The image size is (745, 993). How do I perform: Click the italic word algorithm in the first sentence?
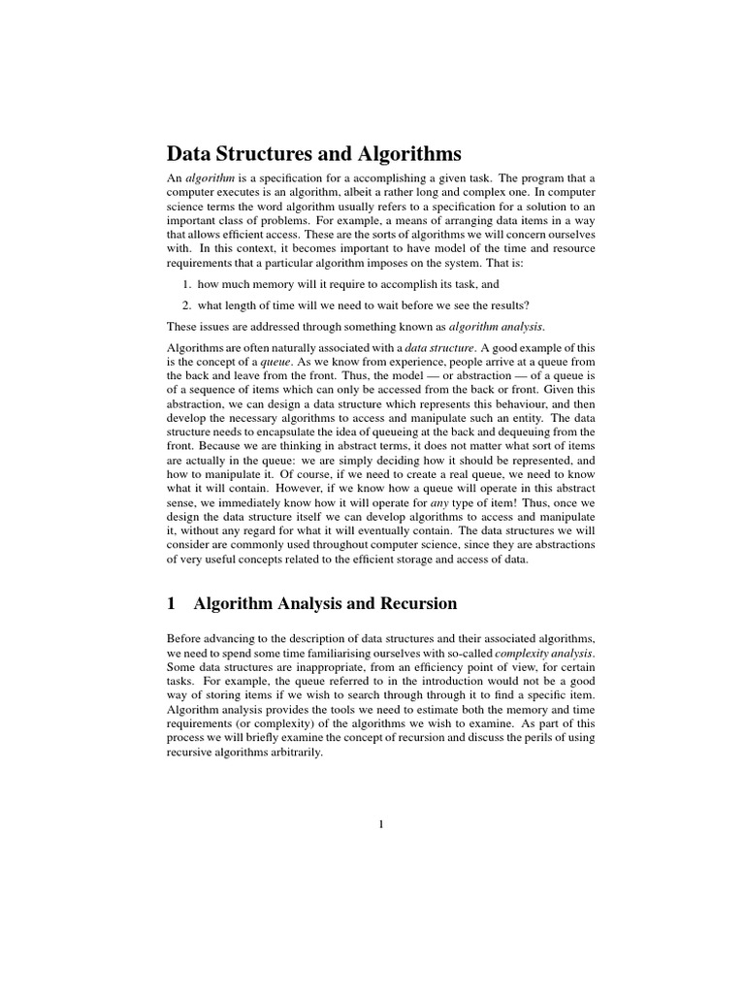click(x=207, y=178)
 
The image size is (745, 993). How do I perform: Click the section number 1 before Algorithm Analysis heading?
click(x=172, y=604)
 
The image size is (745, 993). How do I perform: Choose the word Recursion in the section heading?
click(x=412, y=604)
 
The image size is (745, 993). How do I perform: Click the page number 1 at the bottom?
click(x=381, y=825)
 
